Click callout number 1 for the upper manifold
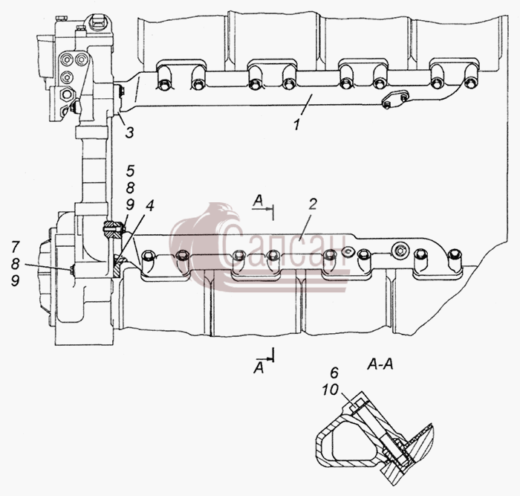click(x=297, y=124)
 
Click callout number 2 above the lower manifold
click(x=312, y=204)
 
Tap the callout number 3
click(x=129, y=132)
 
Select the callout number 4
click(x=149, y=206)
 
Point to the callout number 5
click(x=130, y=170)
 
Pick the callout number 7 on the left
click(x=16, y=247)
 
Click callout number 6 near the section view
click(x=334, y=373)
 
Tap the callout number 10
click(x=331, y=390)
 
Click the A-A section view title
click(x=380, y=365)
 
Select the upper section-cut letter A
click(x=258, y=201)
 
